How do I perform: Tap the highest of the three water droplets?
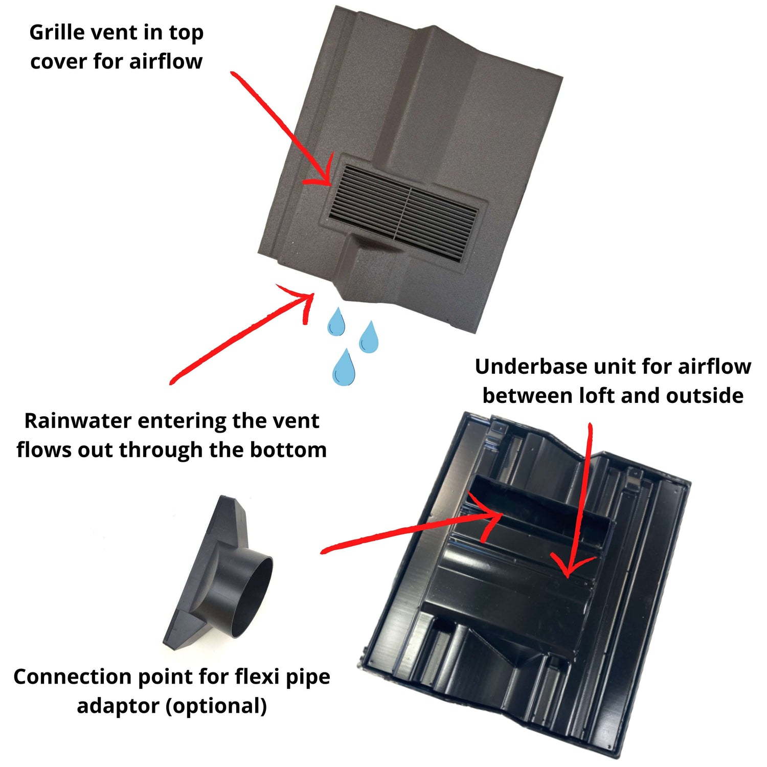[x=336, y=322]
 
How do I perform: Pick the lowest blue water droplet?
[x=344, y=367]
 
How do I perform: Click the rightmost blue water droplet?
[x=369, y=337]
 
